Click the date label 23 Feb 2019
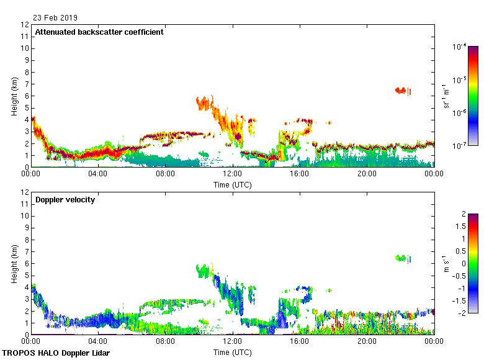tap(56, 18)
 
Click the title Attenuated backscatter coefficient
tap(99, 32)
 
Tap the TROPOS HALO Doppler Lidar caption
tap(56, 353)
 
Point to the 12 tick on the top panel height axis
tap(25, 25)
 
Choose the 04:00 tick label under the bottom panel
tap(98, 342)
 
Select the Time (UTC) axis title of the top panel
tap(233, 184)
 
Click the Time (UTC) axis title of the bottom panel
tap(233, 352)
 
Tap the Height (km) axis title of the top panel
tap(14, 96)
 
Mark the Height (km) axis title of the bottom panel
tap(14, 264)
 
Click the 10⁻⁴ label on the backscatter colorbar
tap(460, 47)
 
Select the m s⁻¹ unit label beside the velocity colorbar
tap(446, 264)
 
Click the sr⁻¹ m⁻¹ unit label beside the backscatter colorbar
tap(446, 96)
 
